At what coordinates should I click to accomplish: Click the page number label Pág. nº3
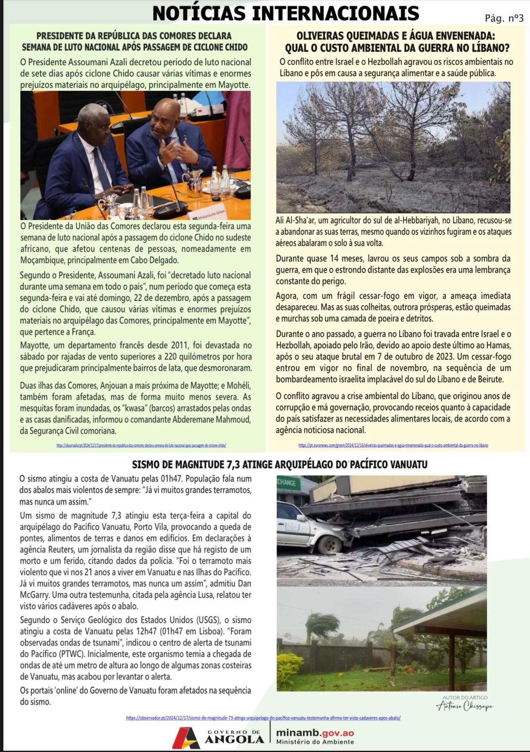(x=504, y=18)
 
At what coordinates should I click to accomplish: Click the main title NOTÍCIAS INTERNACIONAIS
(x=286, y=13)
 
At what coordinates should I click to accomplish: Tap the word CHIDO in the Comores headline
(x=234, y=47)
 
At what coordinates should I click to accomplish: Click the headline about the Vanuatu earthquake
(x=279, y=464)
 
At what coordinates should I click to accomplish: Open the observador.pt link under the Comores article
(x=141, y=445)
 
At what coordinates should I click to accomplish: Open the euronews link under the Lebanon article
(x=393, y=445)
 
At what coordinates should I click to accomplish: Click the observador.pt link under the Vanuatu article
(x=263, y=718)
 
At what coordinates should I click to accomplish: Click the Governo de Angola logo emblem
(x=186, y=738)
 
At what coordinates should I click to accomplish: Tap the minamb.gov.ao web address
(x=315, y=733)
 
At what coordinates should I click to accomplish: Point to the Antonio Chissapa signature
(x=465, y=706)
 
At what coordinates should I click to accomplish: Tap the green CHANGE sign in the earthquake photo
(x=287, y=483)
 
